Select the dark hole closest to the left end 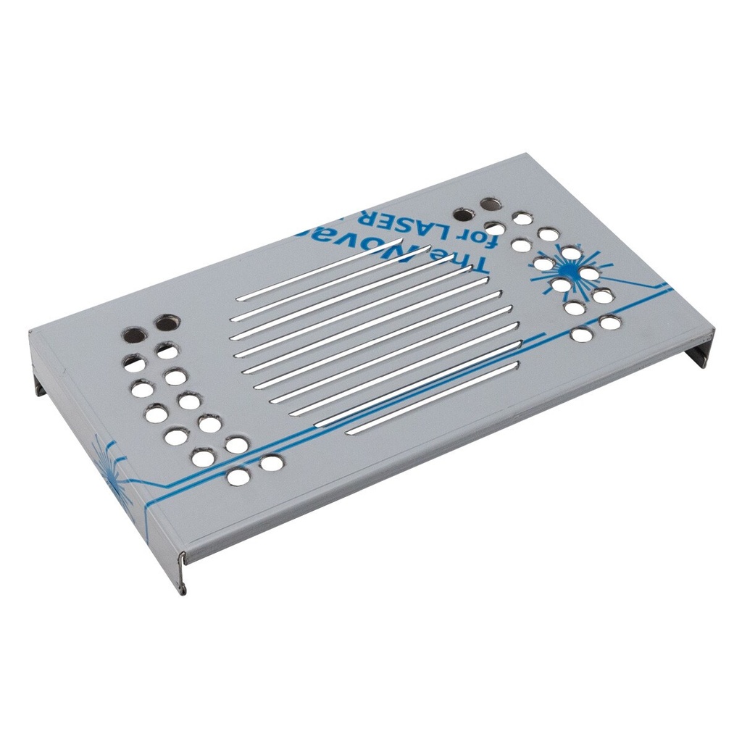click(x=133, y=335)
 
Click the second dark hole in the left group click(x=166, y=321)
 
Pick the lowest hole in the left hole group click(x=238, y=477)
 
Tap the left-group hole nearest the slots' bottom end click(x=271, y=462)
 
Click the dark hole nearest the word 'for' click(x=462, y=214)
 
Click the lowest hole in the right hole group click(x=580, y=335)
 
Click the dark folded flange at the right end click(x=701, y=351)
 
